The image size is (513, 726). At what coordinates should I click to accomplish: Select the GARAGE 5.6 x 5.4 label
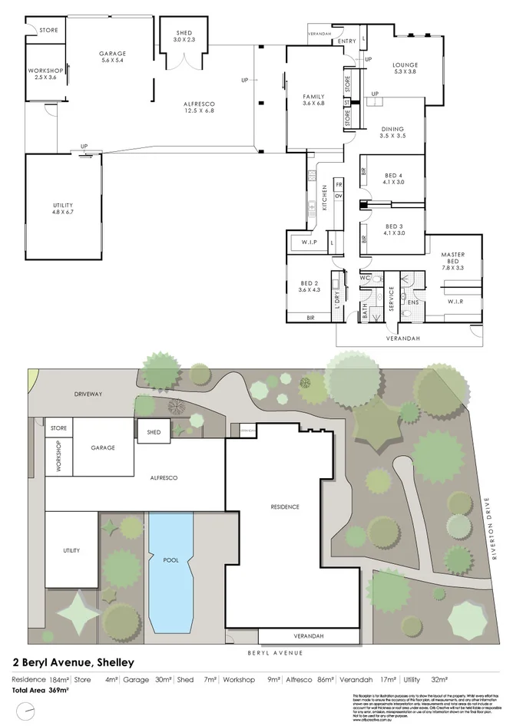[112, 57]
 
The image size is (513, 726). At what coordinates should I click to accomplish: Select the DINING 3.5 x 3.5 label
[392, 132]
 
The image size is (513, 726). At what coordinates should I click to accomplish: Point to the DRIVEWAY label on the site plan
[88, 393]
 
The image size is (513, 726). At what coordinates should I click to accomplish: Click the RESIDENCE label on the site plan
[284, 507]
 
